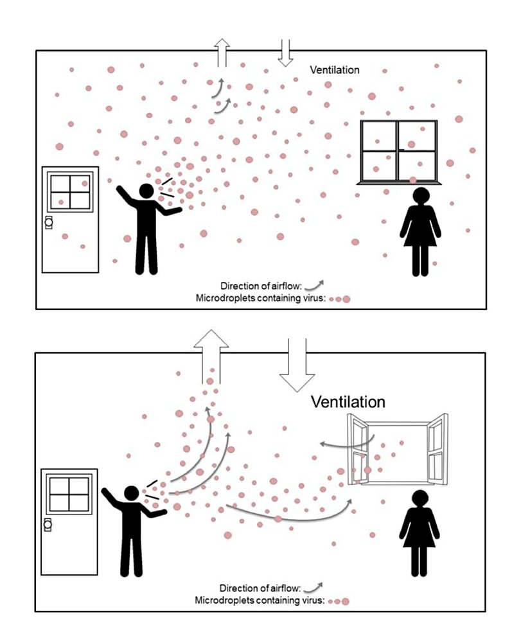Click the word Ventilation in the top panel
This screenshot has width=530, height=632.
(335, 70)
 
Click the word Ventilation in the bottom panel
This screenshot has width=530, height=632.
(348, 402)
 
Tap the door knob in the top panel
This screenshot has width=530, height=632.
(49, 222)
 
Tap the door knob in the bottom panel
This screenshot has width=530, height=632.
(48, 524)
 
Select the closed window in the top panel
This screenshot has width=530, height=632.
(399, 152)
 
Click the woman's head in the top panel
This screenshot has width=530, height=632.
(420, 197)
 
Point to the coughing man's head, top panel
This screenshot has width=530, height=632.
(146, 191)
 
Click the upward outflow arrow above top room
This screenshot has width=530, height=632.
(222, 53)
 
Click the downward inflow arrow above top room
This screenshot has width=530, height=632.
(285, 53)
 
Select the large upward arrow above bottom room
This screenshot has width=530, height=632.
(211, 356)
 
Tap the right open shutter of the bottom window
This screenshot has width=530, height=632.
(437, 448)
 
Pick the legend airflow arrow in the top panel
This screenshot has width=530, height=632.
(314, 286)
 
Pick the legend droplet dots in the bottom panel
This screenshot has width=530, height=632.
(339, 601)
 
